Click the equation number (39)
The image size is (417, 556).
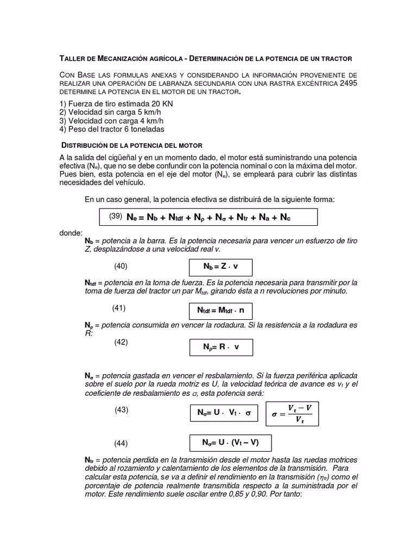pyautogui.click(x=115, y=216)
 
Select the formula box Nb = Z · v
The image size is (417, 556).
pyautogui.click(x=220, y=267)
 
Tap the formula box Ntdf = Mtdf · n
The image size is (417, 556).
pyautogui.click(x=220, y=311)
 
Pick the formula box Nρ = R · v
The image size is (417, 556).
pyautogui.click(x=220, y=347)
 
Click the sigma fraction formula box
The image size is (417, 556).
pyautogui.click(x=292, y=414)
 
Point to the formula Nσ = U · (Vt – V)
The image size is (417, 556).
pyautogui.click(x=230, y=443)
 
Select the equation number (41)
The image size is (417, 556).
pyautogui.click(x=119, y=308)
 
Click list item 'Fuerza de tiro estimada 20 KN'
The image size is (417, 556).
pyautogui.click(x=105, y=104)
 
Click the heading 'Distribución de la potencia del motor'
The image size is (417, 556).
pyautogui.click(x=130, y=146)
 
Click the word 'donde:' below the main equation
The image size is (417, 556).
pyautogui.click(x=71, y=232)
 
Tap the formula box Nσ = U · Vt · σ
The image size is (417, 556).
pyautogui.click(x=224, y=413)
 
